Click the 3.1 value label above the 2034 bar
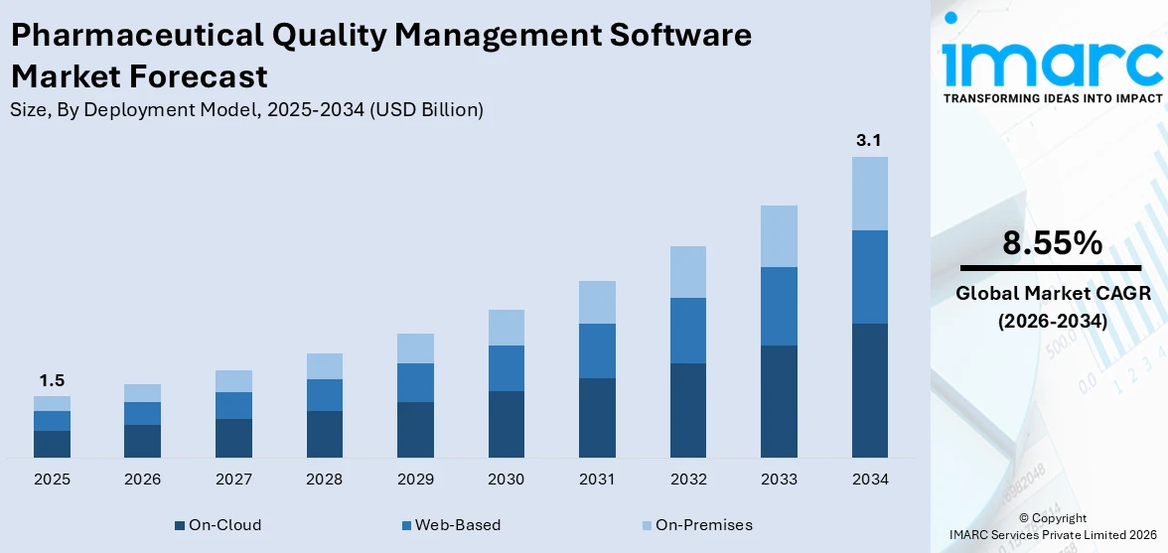[x=869, y=141]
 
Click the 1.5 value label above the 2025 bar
[x=52, y=381]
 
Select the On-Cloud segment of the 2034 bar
[x=869, y=390]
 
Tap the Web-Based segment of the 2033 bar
[x=779, y=306]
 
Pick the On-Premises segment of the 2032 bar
[x=688, y=272]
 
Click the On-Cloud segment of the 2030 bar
[x=506, y=424]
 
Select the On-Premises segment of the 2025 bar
[x=52, y=403]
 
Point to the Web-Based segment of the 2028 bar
[x=324, y=395]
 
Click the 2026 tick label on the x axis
[x=143, y=480]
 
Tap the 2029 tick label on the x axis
[x=415, y=480]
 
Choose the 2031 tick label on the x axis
[x=597, y=480]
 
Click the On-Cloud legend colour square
[x=180, y=525]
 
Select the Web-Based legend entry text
[x=457, y=525]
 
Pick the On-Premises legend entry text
[x=703, y=525]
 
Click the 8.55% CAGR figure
[x=1052, y=243]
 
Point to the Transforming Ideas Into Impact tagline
[x=1052, y=98]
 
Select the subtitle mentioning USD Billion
[x=246, y=110]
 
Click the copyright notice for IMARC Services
[x=1052, y=526]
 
